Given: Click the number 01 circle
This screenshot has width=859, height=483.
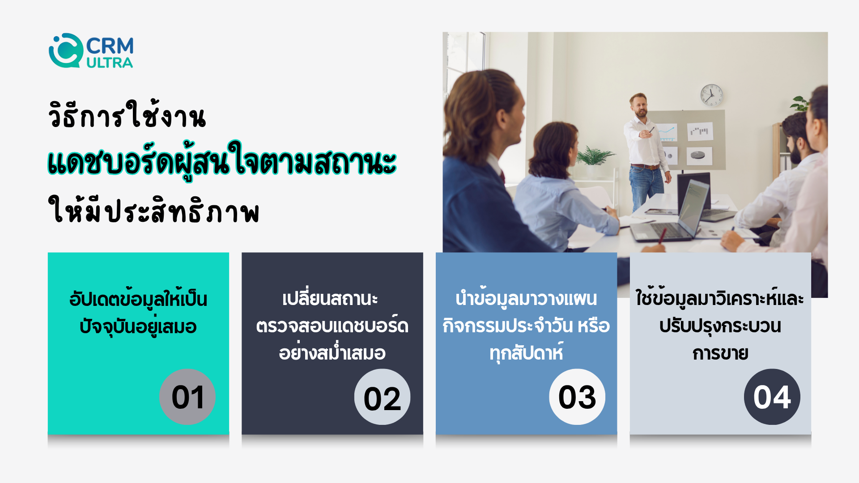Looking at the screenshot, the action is click(187, 397).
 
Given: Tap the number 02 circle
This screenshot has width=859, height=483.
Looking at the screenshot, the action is click(382, 397).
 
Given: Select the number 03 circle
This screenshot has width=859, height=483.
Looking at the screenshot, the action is click(577, 397).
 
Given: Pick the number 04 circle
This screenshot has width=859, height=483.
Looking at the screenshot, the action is click(772, 397).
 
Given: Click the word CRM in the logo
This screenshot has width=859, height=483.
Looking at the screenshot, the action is click(110, 46).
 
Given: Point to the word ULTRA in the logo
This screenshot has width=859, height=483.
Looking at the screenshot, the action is click(110, 63).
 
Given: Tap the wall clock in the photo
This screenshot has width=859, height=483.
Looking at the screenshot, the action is click(711, 95).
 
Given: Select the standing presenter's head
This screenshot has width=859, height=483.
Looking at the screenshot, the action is click(639, 105).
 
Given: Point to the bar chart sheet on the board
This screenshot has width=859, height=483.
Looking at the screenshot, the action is click(700, 131).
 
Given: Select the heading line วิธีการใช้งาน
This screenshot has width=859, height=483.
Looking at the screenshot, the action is click(127, 115).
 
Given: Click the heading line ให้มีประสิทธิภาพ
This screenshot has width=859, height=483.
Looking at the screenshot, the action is click(154, 210).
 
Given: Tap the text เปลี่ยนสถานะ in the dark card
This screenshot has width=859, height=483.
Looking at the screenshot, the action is click(330, 298).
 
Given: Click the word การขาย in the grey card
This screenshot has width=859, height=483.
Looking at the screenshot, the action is click(720, 353).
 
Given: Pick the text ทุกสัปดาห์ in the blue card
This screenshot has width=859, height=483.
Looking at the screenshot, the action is click(526, 352).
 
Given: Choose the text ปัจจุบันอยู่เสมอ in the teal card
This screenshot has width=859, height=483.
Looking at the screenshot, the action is click(138, 326).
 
